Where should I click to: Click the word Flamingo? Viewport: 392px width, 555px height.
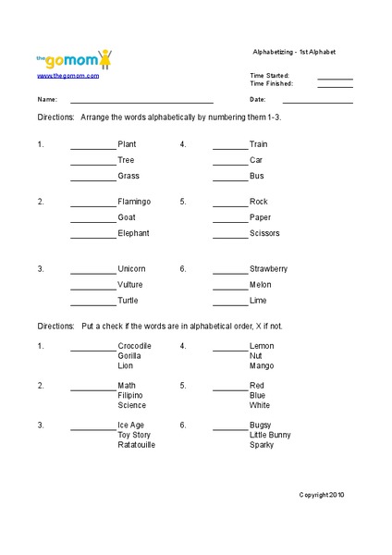[134, 202]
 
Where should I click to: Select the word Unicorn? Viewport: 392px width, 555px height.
[131, 268]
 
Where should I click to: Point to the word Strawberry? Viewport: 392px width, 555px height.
[268, 268]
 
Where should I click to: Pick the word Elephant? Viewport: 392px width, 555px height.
[133, 233]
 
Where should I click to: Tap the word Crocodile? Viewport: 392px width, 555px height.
[135, 346]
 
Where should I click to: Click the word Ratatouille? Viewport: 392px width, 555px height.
[137, 445]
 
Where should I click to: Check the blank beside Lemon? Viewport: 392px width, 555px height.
[230, 350]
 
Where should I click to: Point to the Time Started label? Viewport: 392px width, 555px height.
[269, 75]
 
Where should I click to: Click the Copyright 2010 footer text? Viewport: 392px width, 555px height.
[321, 496]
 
